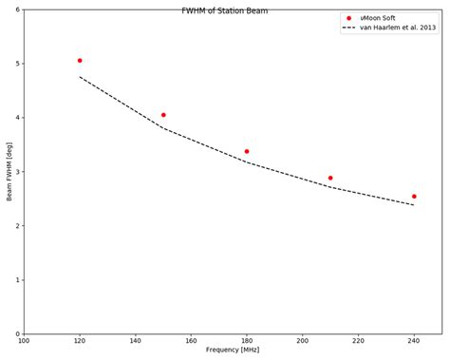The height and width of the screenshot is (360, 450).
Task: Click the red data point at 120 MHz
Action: coord(80,61)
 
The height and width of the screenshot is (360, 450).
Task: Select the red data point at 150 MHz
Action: coord(163,115)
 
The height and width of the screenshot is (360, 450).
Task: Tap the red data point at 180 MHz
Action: coord(247,151)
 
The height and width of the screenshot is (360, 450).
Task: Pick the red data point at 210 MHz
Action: coord(330,178)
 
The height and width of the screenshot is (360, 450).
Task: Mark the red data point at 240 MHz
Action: coord(414,197)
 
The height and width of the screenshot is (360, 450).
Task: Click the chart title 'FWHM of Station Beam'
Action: coord(225,10)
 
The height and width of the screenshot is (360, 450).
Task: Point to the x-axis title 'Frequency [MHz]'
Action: coord(233,350)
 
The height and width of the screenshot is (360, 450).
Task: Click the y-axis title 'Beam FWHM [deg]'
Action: coord(9,172)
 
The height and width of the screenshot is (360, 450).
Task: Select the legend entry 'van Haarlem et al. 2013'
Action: coord(398,28)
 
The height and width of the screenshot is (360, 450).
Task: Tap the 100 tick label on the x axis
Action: coord(24,340)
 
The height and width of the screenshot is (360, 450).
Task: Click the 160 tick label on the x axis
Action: coord(191,340)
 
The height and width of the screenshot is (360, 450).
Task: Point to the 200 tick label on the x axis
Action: coord(303,340)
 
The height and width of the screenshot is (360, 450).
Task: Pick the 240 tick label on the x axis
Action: coord(414,340)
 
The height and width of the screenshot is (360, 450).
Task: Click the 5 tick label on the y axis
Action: coord(19,64)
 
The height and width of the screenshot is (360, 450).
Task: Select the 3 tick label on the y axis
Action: coord(19,172)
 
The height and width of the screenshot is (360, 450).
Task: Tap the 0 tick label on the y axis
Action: coord(19,333)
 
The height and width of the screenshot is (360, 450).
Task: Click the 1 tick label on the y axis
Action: coord(19,280)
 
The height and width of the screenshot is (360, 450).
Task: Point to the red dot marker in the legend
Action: coord(348,18)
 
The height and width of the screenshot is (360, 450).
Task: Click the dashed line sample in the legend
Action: coord(348,28)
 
